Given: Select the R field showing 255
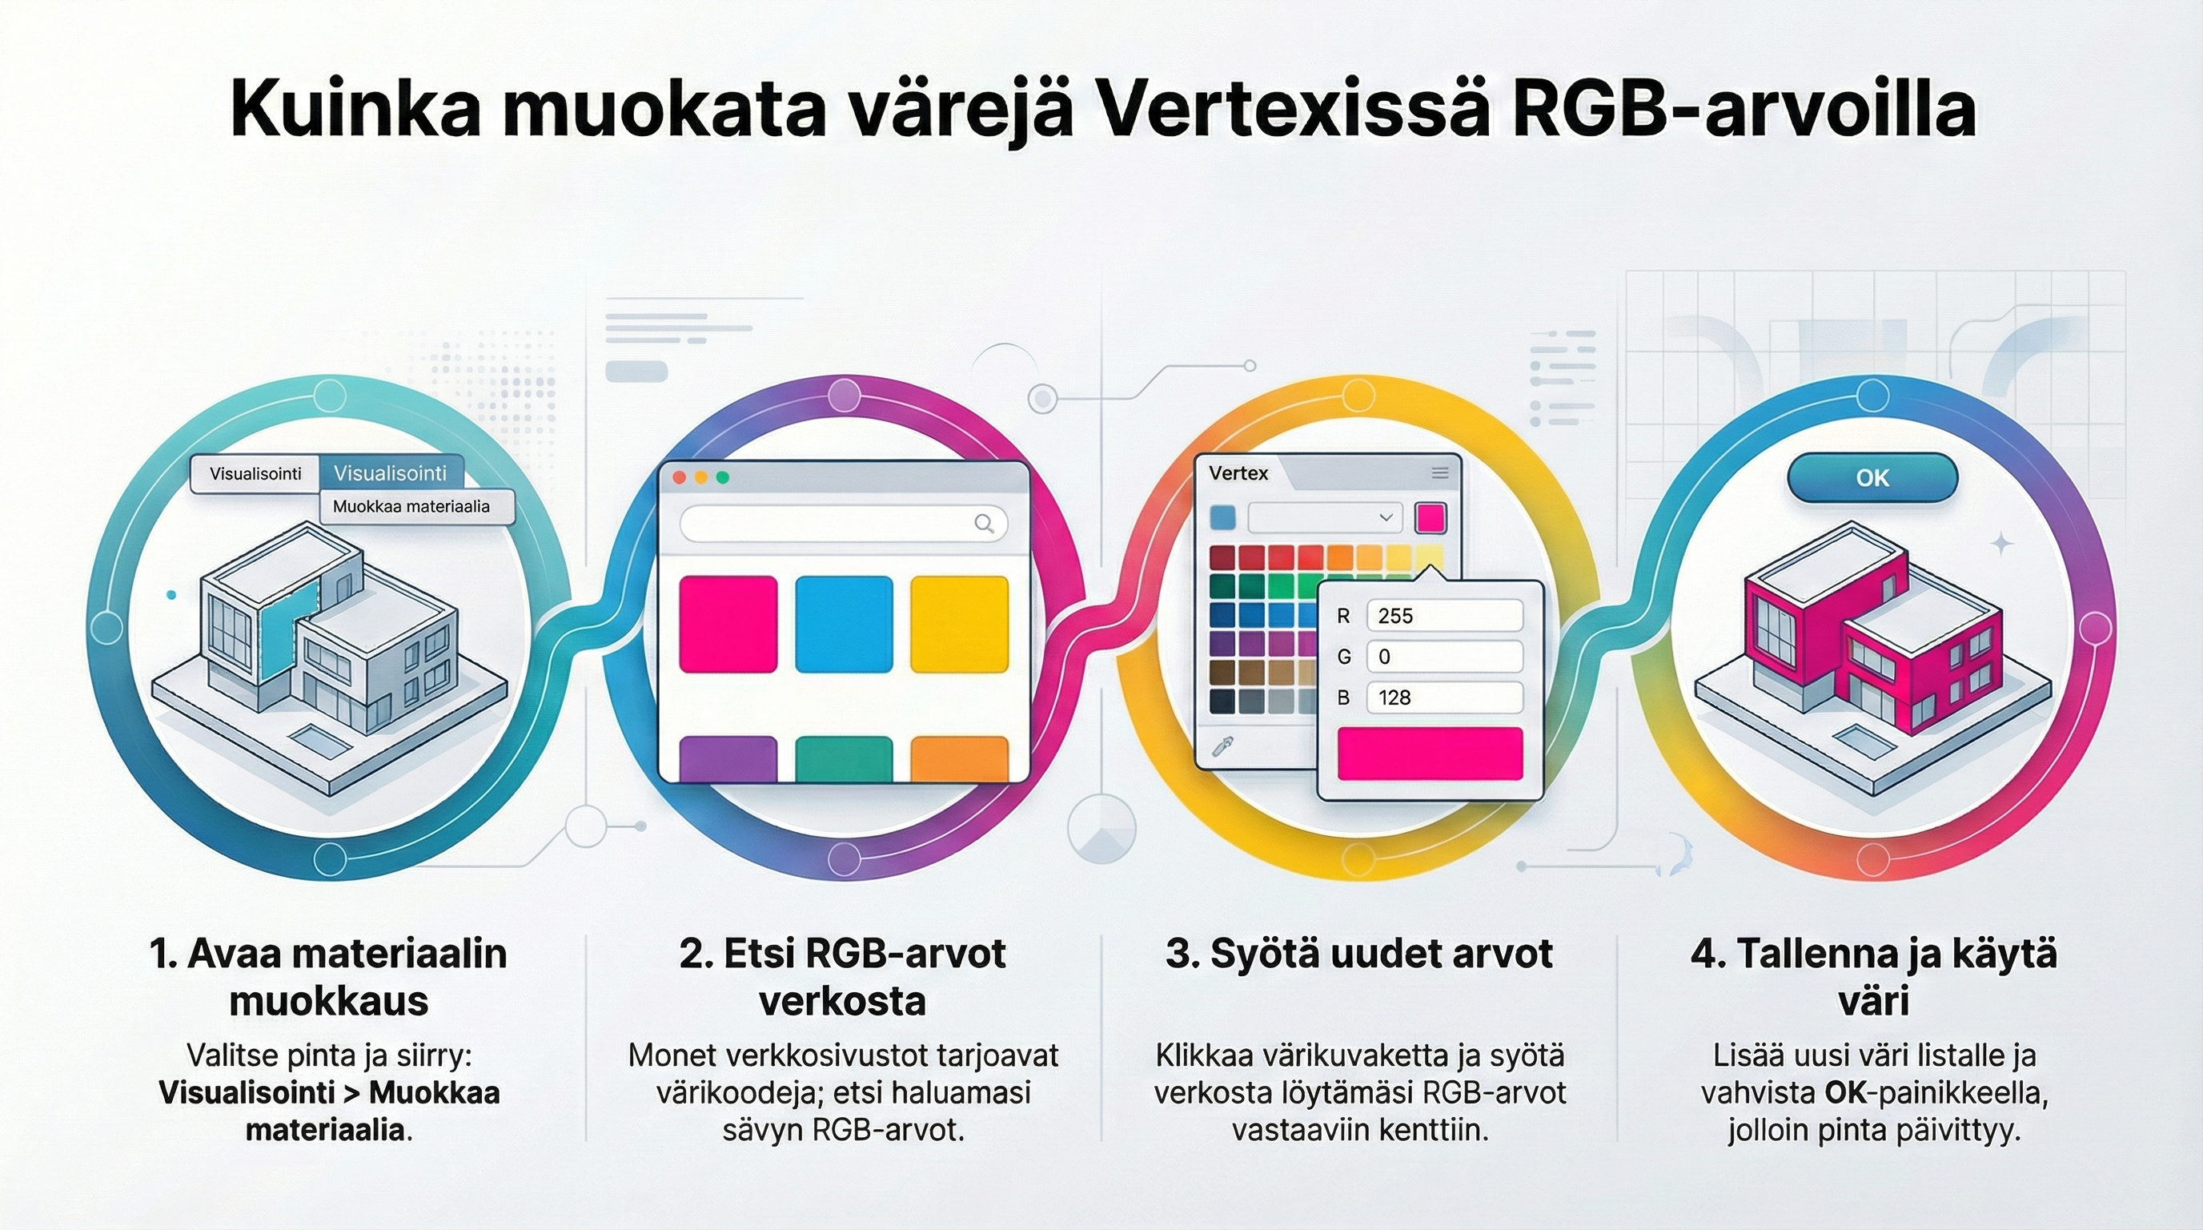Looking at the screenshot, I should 1443,616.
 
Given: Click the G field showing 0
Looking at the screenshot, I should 1443,657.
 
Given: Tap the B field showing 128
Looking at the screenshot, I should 1443,697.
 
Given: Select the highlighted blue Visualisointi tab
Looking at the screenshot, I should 390,473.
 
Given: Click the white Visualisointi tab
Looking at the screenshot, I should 255,474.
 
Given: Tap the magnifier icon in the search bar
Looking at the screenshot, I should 985,524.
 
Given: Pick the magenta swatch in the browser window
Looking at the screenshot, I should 728,625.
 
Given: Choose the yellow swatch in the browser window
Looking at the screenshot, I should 959,625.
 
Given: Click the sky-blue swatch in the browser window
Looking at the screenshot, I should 843,625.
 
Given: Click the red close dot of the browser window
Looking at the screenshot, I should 680,477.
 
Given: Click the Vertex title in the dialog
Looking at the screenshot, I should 1238,473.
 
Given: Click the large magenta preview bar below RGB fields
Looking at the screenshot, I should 1429,754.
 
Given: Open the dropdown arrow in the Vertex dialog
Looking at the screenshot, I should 1386,517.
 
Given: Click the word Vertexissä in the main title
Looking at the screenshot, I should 1293,110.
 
